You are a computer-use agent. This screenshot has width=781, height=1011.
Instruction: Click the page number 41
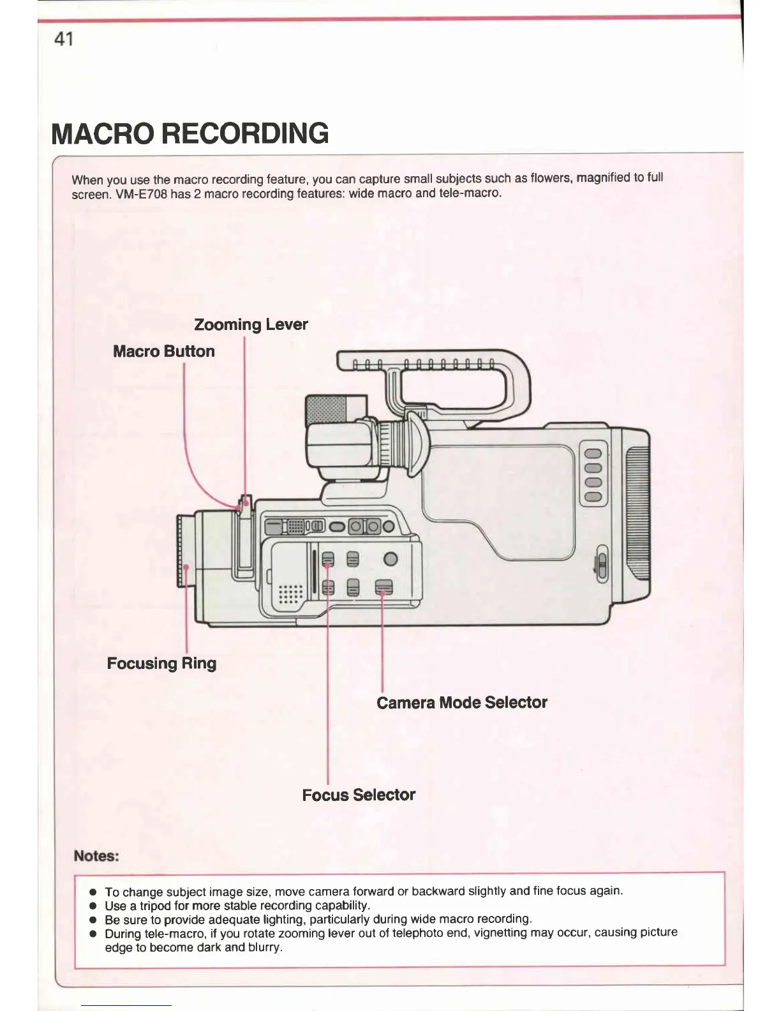click(x=64, y=40)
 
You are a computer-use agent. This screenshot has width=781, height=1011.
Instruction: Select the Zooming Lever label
click(x=251, y=324)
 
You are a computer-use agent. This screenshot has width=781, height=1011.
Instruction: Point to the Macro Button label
click(x=163, y=351)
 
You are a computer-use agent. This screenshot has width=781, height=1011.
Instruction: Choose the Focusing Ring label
click(x=161, y=663)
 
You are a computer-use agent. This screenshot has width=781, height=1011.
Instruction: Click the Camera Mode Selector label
click(x=461, y=702)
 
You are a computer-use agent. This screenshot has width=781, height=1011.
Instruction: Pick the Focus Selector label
click(x=359, y=795)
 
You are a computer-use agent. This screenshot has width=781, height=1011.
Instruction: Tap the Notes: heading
click(x=96, y=856)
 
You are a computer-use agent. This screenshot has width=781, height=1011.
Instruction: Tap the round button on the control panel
click(x=390, y=559)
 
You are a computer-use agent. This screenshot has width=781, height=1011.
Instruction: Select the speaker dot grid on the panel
click(x=290, y=594)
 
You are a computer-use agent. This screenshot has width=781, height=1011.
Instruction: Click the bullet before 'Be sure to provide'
click(x=93, y=920)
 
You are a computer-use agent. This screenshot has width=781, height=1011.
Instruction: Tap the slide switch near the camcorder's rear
click(x=600, y=564)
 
